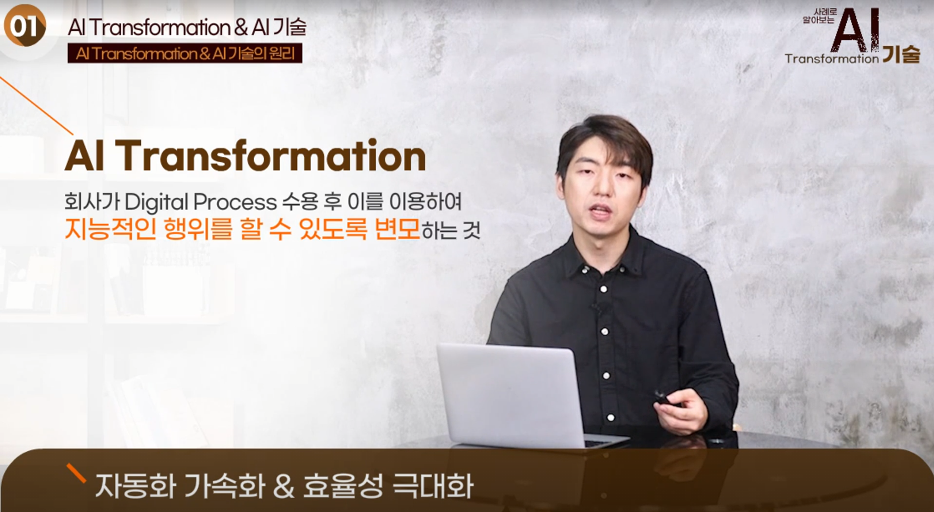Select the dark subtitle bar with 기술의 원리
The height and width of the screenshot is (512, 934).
click(x=185, y=53)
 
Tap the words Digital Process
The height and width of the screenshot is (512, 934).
click(x=201, y=202)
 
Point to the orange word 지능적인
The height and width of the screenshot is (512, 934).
click(x=110, y=229)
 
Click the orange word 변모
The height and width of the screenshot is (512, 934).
click(x=397, y=229)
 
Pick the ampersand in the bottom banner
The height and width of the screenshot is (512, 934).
click(x=283, y=486)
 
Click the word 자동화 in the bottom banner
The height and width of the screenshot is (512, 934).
click(x=135, y=486)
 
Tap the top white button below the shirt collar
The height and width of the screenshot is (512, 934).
click(x=603, y=289)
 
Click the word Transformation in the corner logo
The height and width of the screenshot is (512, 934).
click(x=832, y=58)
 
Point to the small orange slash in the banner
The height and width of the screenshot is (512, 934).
click(x=76, y=473)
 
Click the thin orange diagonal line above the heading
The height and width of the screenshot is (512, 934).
click(x=37, y=106)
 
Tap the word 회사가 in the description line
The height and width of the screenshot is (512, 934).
click(x=92, y=202)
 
